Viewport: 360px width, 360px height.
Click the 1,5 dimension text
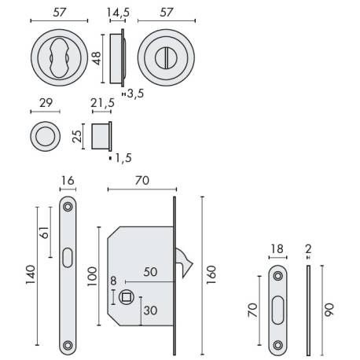click(119, 158)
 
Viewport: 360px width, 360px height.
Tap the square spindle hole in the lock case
click(125, 296)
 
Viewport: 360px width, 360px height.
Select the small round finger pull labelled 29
click(46, 137)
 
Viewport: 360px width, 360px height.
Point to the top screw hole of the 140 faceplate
click(68, 207)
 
